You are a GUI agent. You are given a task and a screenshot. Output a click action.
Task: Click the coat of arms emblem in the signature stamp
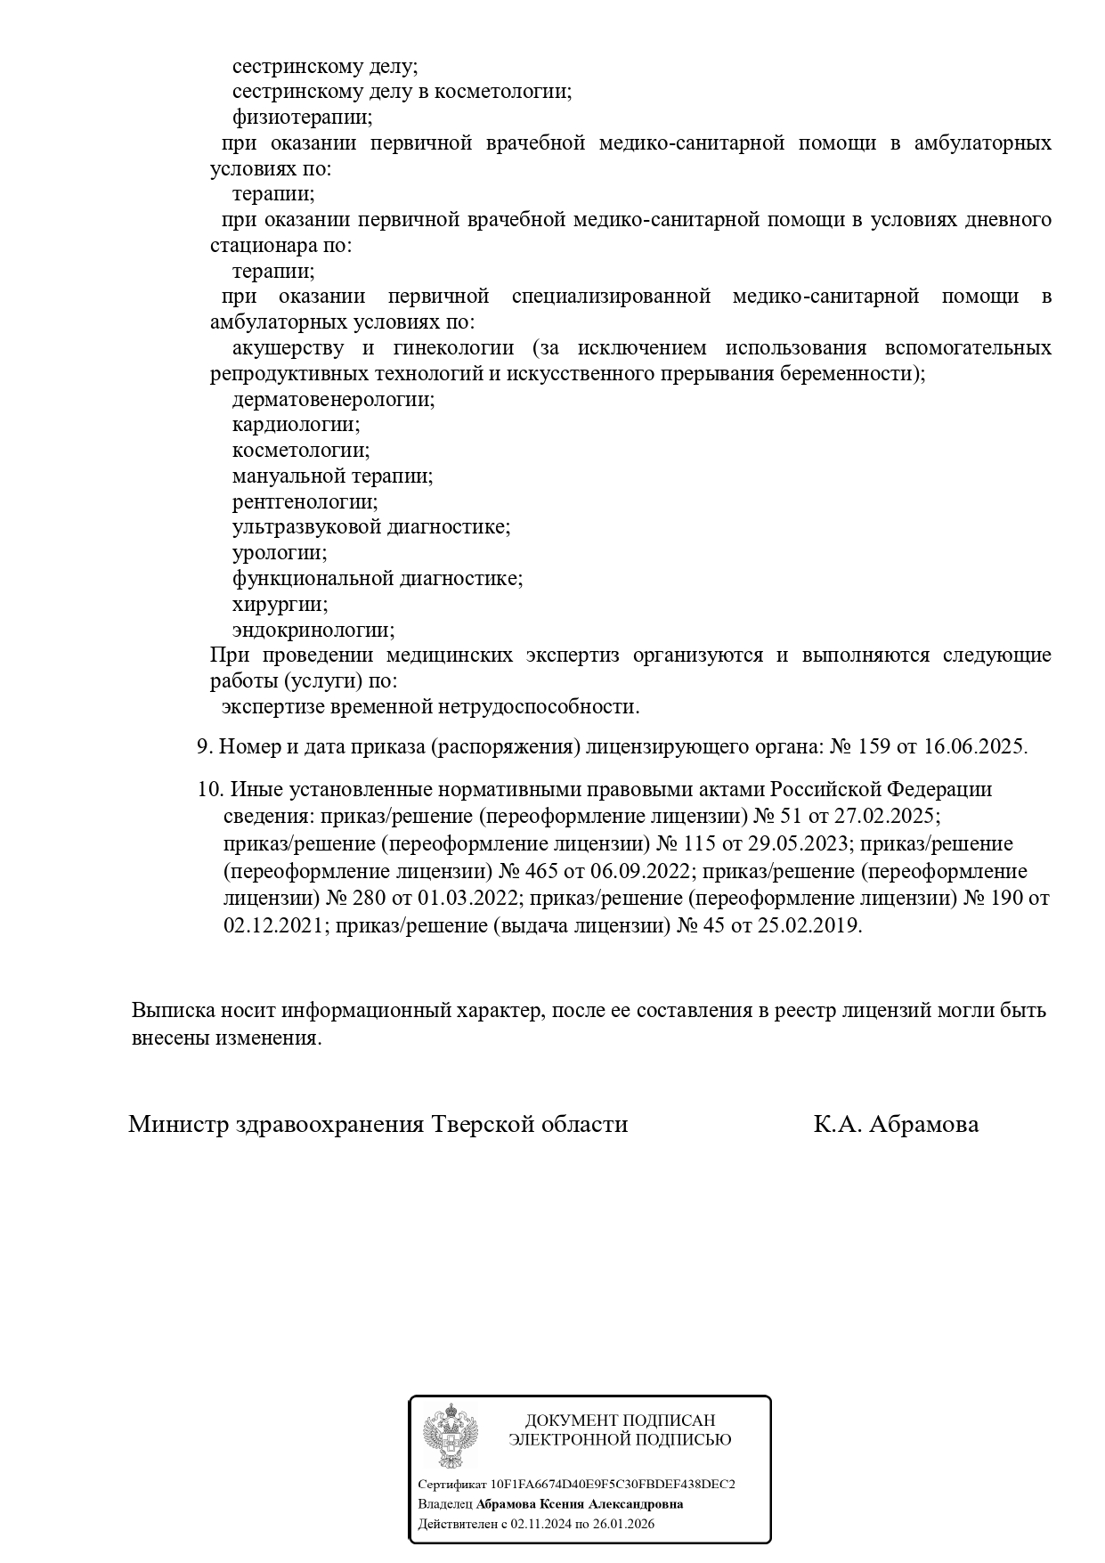click(451, 1437)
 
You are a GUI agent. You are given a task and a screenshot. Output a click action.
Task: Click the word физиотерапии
click(302, 117)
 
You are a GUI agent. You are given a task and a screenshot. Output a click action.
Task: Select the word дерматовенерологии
click(333, 399)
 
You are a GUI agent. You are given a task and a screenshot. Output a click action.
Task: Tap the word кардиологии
click(296, 425)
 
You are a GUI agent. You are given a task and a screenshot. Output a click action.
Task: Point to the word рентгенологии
click(305, 501)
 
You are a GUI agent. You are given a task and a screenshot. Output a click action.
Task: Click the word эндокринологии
click(313, 630)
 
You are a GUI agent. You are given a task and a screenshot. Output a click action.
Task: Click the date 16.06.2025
click(975, 746)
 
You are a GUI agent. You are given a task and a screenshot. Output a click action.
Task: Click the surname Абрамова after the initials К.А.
click(922, 1124)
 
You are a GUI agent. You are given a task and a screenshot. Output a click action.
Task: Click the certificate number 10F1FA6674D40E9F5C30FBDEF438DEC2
click(613, 1484)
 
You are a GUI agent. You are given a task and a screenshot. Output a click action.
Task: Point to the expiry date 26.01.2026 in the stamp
click(626, 1523)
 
